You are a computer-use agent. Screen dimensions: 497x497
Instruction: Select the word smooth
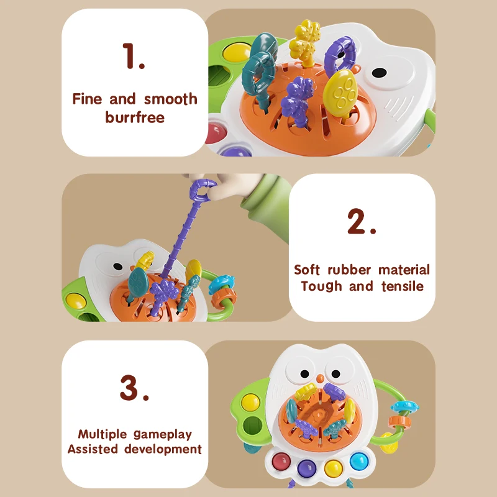pos(171,99)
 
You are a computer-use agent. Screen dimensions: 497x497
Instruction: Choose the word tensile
pos(399,286)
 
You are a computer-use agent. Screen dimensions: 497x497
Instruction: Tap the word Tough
pos(321,286)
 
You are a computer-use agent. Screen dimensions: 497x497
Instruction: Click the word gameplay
pos(163,434)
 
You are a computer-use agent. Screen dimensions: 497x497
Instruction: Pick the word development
pos(163,449)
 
